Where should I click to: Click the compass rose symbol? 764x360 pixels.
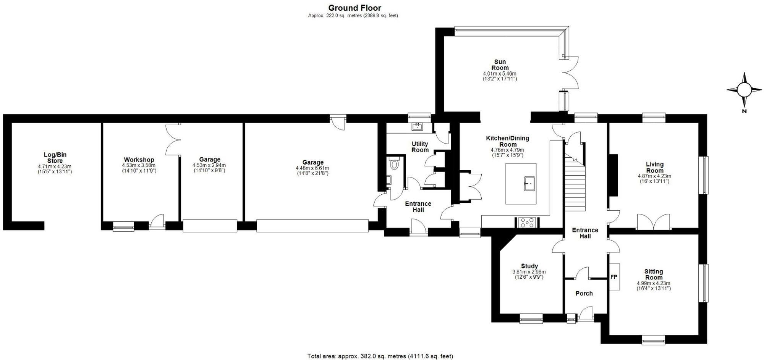(744, 90)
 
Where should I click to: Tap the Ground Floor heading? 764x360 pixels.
(354, 8)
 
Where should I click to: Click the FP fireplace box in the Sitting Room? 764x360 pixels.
(614, 277)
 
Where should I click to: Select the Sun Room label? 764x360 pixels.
(500, 65)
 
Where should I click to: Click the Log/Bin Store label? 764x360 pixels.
(55, 158)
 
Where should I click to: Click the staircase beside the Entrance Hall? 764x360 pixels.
(575, 183)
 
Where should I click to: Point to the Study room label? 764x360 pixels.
(529, 266)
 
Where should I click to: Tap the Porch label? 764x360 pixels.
(584, 293)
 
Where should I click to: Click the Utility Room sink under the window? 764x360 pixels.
(418, 126)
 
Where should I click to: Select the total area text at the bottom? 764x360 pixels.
(380, 356)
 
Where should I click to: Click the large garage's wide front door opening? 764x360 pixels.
(312, 226)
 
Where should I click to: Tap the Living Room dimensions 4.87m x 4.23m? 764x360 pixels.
(654, 176)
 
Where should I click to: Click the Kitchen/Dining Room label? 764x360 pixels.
(507, 141)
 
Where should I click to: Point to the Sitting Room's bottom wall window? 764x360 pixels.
(654, 340)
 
